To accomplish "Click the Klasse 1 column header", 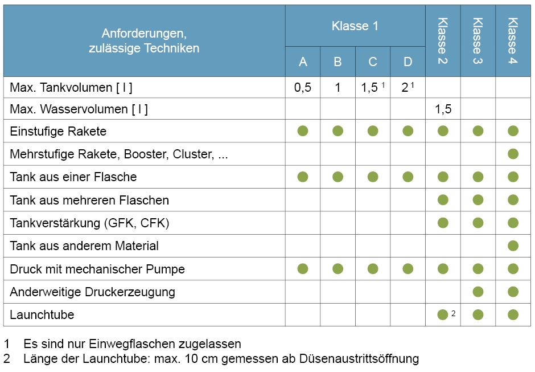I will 355,26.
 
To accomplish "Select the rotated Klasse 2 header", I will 443,40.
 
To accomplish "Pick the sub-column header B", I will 338,62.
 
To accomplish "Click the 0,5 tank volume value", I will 303,88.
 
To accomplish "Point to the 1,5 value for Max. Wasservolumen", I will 443,109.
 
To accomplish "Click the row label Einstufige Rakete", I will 58,132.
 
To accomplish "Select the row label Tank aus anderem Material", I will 84,246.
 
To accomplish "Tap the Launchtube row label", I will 42,315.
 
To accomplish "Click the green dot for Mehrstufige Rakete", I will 513,154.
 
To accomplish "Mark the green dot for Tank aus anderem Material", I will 513,246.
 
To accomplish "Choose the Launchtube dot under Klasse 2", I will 442,315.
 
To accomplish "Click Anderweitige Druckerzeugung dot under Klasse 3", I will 478,292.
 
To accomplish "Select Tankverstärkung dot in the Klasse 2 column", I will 443,223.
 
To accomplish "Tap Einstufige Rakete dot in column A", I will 303,131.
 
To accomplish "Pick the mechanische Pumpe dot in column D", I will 408,269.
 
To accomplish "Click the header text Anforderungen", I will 144,34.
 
